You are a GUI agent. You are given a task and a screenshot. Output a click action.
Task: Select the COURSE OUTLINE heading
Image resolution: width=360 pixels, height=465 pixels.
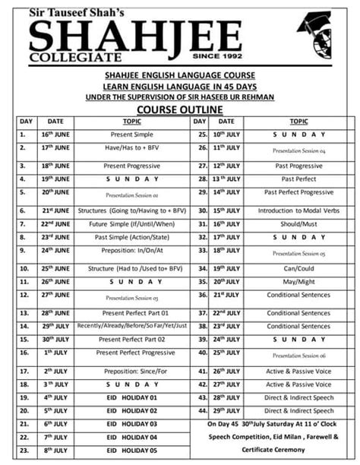click(x=180, y=109)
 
